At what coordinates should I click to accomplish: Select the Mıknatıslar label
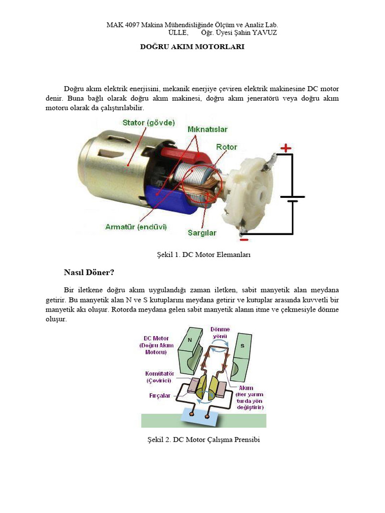[x=208, y=129]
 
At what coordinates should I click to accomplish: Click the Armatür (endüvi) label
[x=136, y=227]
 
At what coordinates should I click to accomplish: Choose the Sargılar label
[x=202, y=232]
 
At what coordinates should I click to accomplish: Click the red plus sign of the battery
[x=285, y=148]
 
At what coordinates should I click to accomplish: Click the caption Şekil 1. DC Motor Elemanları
[x=203, y=254]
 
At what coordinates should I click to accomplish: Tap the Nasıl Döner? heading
[x=89, y=273]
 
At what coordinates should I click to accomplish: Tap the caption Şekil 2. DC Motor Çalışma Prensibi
[x=203, y=439]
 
